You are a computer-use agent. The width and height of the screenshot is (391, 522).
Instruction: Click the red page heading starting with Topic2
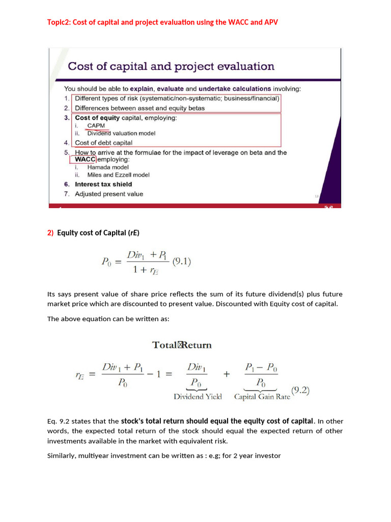pos(162,22)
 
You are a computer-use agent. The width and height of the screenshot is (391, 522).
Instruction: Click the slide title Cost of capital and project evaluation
pos(171,66)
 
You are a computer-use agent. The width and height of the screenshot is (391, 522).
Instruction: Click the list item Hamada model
pos(108,167)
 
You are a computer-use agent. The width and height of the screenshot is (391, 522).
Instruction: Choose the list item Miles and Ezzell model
pos(119,175)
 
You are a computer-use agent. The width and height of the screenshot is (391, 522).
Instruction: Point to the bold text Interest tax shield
pos(103,184)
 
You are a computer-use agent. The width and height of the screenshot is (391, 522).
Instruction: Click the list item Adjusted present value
pos(109,194)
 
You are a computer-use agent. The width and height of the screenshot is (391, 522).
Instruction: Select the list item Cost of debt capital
pos(103,143)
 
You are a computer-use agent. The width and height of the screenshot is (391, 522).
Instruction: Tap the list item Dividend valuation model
pos(121,133)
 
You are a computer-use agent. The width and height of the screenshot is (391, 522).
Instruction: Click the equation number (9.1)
pos(182,262)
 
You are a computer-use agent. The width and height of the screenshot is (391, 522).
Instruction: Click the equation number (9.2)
pos(300,391)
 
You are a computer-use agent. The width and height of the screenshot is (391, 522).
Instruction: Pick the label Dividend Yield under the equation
pos(198,397)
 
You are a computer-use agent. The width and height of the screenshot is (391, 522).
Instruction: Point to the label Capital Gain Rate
pos(262,397)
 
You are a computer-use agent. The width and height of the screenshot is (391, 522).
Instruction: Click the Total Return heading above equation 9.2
pos(182,345)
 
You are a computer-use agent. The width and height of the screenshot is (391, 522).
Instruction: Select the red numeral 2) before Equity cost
pos(50,233)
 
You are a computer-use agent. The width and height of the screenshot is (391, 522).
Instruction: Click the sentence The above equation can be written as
pos(108,319)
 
